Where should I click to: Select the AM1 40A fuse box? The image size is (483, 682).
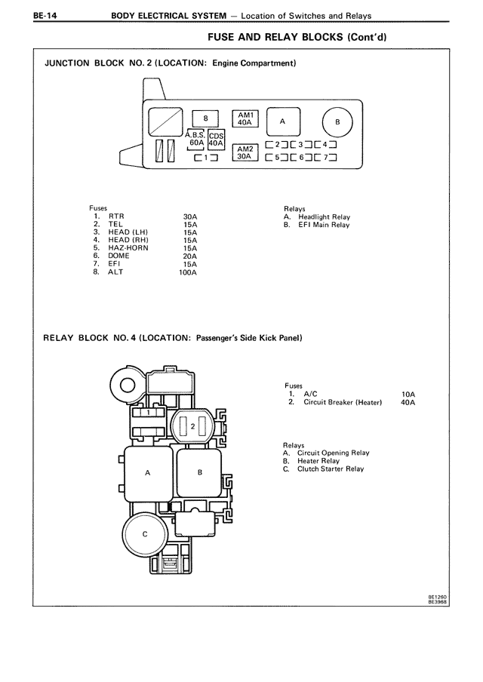(244, 118)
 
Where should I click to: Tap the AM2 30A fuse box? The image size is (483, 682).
(244, 153)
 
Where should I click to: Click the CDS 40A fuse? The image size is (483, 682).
(216, 140)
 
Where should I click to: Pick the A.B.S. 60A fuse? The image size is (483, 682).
(196, 139)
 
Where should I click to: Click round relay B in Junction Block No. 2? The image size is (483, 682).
(338, 121)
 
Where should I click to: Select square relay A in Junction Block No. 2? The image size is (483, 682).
(281, 121)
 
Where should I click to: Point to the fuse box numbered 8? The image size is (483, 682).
(205, 118)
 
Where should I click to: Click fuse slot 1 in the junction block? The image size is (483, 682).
(205, 158)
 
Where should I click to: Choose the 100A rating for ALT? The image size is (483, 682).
(187, 272)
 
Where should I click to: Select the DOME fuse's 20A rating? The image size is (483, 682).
(189, 257)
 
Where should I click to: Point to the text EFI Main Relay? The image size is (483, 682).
(324, 226)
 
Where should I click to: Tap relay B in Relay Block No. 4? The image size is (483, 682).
(200, 472)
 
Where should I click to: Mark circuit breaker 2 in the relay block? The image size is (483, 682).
(194, 427)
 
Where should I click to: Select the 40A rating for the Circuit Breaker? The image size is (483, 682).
(408, 403)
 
